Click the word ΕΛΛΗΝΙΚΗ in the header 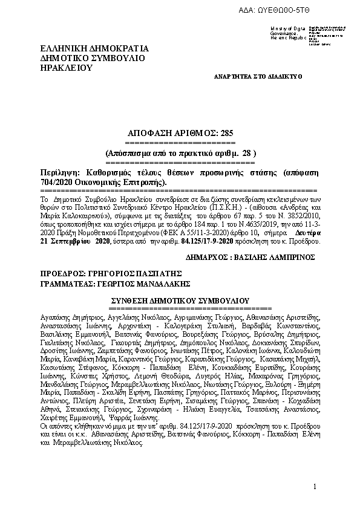click(x=63, y=49)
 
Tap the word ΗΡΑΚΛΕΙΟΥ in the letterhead click(x=66, y=68)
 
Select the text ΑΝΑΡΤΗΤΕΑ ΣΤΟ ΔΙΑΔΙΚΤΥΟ click(x=258, y=77)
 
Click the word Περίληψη click(x=58, y=173)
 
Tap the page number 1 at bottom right click(x=315, y=487)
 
